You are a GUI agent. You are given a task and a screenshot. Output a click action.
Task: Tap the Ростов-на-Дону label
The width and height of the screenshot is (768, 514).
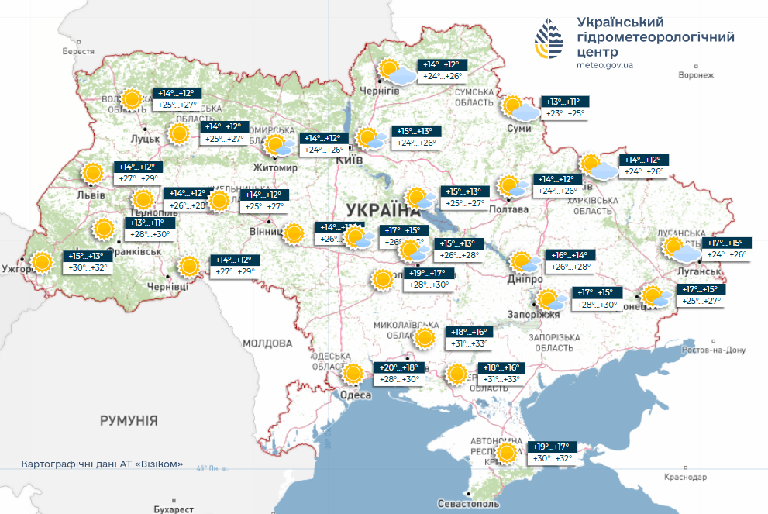coord(713,350)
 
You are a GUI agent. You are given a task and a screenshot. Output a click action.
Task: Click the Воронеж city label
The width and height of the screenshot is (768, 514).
coord(694,75)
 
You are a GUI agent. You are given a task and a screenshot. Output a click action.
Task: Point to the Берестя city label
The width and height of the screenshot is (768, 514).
coord(79,51)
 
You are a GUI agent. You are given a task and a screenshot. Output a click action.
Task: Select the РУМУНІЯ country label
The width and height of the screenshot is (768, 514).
coord(128,421)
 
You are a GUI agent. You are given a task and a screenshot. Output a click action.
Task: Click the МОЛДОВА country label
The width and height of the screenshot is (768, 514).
coord(267,343)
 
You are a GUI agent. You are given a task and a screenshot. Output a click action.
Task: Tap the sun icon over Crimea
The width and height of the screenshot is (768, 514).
coord(508,453)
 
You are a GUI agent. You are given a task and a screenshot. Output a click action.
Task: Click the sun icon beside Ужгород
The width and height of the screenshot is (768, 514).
coord(42,262)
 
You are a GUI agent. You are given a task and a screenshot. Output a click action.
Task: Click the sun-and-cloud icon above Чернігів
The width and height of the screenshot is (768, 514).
coord(396,71)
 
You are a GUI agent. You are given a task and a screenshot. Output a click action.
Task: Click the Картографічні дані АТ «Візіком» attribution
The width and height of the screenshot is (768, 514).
coord(103,464)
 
